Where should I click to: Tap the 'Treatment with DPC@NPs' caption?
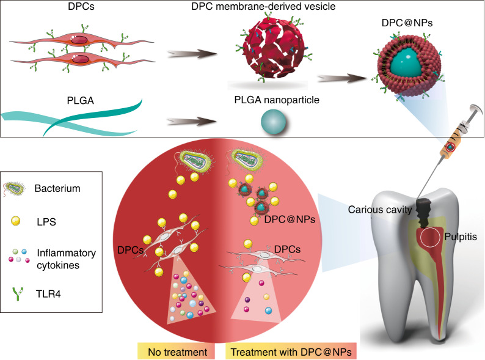click(293, 352)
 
